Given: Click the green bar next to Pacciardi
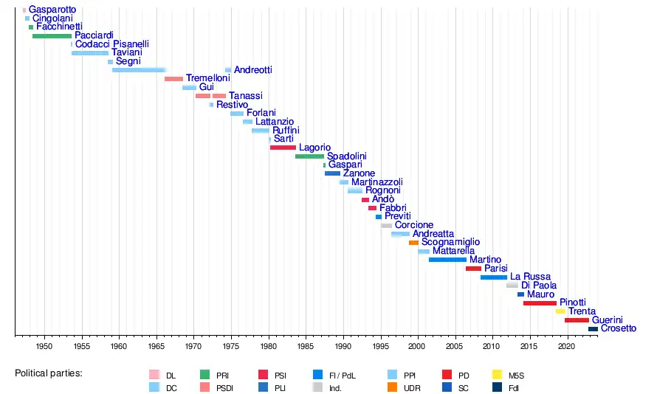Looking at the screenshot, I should pyautogui.click(x=52, y=35).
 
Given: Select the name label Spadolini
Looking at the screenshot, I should pyautogui.click(x=346, y=156).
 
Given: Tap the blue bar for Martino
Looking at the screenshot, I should pyautogui.click(x=447, y=260).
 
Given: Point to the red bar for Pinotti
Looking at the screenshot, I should pyautogui.click(x=540, y=303).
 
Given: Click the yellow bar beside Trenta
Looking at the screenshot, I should pyautogui.click(x=560, y=312).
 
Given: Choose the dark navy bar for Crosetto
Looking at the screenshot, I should pyautogui.click(x=593, y=329).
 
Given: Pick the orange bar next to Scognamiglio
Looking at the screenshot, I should pyautogui.click(x=413, y=243).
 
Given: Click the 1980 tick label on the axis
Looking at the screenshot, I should pyautogui.click(x=269, y=346).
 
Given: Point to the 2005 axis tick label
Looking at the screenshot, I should pyautogui.click(x=455, y=346).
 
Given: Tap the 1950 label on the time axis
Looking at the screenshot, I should pyautogui.click(x=44, y=346).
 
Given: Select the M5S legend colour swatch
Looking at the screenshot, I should pyautogui.click(x=498, y=376).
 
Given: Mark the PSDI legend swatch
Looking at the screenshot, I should pyautogui.click(x=206, y=387).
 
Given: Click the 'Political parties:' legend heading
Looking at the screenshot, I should pyautogui.click(x=49, y=373).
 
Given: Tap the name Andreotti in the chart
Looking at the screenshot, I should pyautogui.click(x=252, y=70).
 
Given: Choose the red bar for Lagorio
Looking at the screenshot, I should pyautogui.click(x=283, y=148).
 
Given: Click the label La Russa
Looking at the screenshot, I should pyautogui.click(x=530, y=277).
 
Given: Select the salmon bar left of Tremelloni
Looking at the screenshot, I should pyautogui.click(x=173, y=79).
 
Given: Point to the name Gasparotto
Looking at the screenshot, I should pyautogui.click(x=52, y=10).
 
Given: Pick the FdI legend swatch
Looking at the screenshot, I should pyautogui.click(x=498, y=387).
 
